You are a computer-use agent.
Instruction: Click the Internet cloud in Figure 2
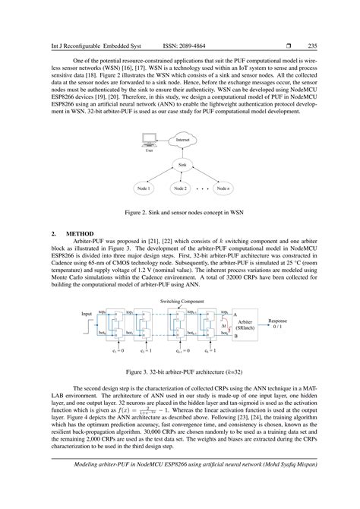click(182, 141)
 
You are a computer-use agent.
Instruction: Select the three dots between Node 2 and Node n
click(201, 188)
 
